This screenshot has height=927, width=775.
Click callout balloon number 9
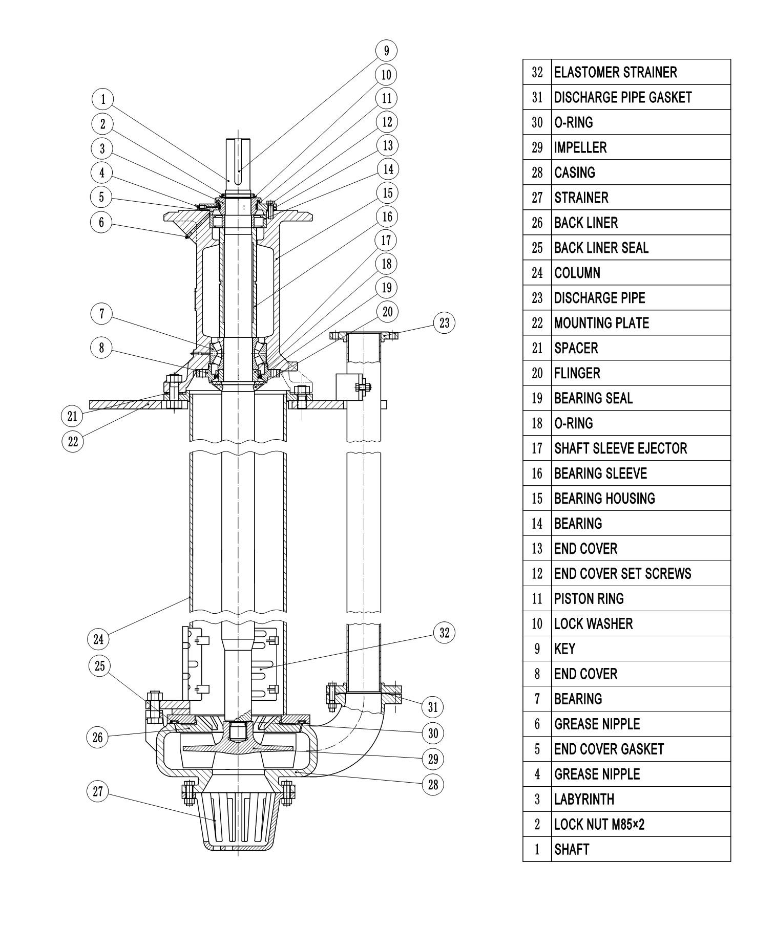386,51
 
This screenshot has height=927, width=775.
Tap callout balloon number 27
97,791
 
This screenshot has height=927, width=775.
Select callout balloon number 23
444,322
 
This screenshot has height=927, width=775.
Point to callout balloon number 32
444,633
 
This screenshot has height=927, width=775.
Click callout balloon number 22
73,441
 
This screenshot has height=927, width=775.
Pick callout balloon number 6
101,222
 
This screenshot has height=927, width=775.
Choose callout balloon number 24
98,639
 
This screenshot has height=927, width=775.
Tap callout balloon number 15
387,192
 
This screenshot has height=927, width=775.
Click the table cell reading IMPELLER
580,147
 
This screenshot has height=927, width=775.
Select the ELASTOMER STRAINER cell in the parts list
615,72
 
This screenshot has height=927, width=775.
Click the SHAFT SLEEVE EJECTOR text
620,448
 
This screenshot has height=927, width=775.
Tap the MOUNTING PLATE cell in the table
601,323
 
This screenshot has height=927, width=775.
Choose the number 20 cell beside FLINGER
537,373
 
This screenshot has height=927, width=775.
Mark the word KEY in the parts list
564,649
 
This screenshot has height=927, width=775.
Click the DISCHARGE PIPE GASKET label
623,97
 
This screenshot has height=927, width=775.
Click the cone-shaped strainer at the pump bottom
238,818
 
